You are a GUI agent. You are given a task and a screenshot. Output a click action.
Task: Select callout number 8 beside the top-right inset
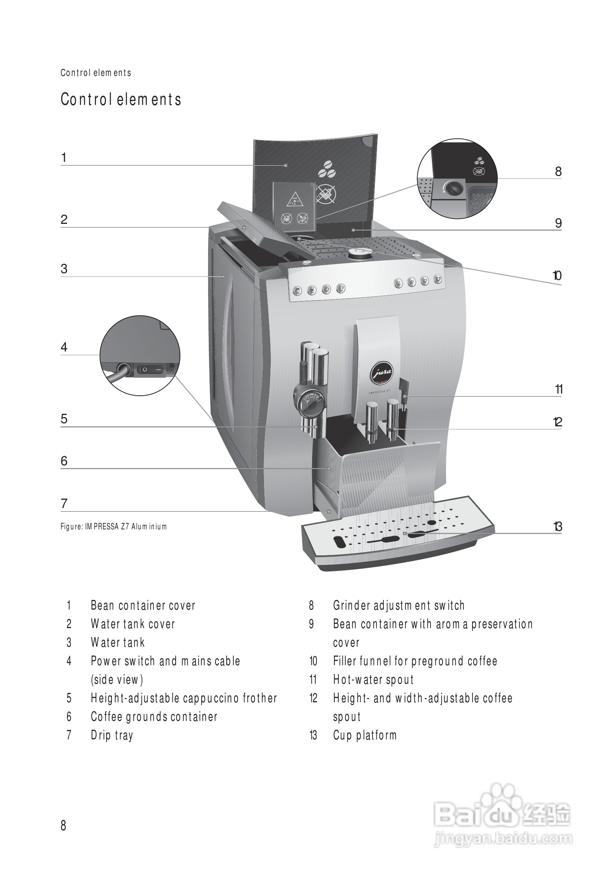[558, 172]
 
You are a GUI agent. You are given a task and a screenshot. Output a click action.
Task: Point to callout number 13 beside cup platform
[558, 527]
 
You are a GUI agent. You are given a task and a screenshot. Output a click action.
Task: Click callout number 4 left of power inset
[64, 347]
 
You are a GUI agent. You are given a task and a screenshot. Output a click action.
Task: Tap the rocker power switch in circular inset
[150, 369]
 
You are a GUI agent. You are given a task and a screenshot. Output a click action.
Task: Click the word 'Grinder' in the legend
[352, 605]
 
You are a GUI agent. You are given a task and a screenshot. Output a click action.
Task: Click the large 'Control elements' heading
[121, 99]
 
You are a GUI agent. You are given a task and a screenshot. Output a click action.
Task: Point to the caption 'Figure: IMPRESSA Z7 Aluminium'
[114, 527]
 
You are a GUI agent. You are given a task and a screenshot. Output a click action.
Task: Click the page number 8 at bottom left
[63, 825]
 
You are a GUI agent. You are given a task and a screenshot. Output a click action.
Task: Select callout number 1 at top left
[64, 158]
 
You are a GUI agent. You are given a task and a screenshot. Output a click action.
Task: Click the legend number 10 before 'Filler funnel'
[313, 661]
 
